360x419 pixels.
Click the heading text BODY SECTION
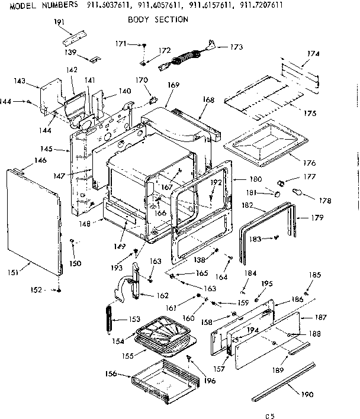point(158,20)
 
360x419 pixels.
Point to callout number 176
point(308,163)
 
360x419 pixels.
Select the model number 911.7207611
point(261,5)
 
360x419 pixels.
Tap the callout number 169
point(173,85)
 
